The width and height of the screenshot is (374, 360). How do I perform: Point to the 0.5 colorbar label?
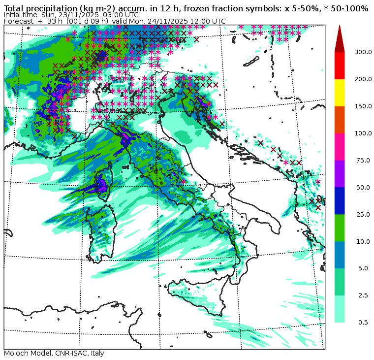363,323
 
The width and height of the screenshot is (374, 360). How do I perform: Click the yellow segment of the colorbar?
340,92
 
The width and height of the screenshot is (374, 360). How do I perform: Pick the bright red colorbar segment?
340,65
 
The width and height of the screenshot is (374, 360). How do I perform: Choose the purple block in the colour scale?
340,173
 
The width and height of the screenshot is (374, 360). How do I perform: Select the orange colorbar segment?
340,119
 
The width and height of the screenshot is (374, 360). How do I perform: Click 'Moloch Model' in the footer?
27,354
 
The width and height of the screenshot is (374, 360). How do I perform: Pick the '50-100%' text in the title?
351,8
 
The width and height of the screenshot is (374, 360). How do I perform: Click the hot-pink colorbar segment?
340,146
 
